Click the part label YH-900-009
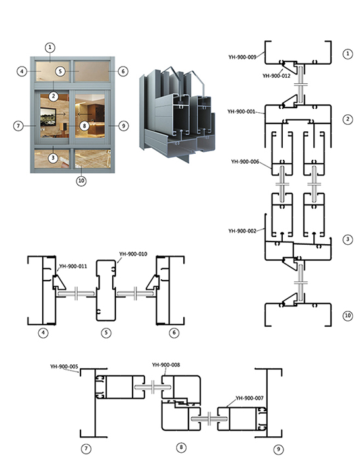(242, 57)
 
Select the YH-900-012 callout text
(276, 76)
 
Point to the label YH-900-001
(241, 112)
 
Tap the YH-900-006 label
(245, 162)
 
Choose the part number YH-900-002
(242, 231)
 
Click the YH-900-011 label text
(73, 267)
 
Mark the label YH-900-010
(133, 254)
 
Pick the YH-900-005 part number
(64, 366)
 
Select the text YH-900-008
(166, 365)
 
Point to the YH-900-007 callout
(250, 398)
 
